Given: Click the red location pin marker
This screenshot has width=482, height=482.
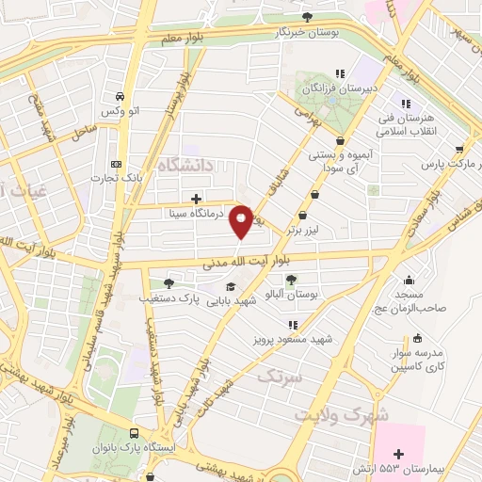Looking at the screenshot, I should [243, 220].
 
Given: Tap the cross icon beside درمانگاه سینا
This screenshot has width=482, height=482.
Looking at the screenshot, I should [196, 199].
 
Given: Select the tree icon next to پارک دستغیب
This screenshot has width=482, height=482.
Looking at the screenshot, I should [169, 283].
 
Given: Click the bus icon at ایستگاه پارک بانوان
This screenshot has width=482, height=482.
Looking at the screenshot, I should [136, 434].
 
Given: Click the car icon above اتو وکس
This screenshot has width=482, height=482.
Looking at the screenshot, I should [120, 96].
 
